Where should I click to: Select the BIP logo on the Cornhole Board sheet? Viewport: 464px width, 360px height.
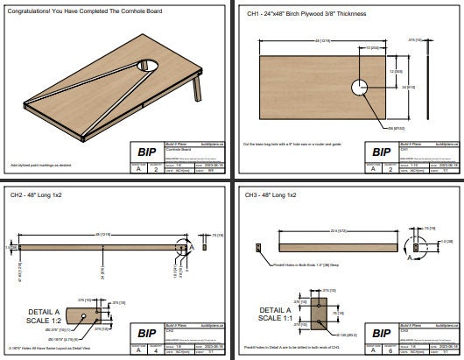144,150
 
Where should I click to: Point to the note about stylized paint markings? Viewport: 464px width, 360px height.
39,164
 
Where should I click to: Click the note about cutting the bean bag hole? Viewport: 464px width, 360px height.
298,142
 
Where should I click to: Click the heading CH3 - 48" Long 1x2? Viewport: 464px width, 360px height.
271,194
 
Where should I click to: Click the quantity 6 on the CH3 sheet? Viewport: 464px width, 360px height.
392,350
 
